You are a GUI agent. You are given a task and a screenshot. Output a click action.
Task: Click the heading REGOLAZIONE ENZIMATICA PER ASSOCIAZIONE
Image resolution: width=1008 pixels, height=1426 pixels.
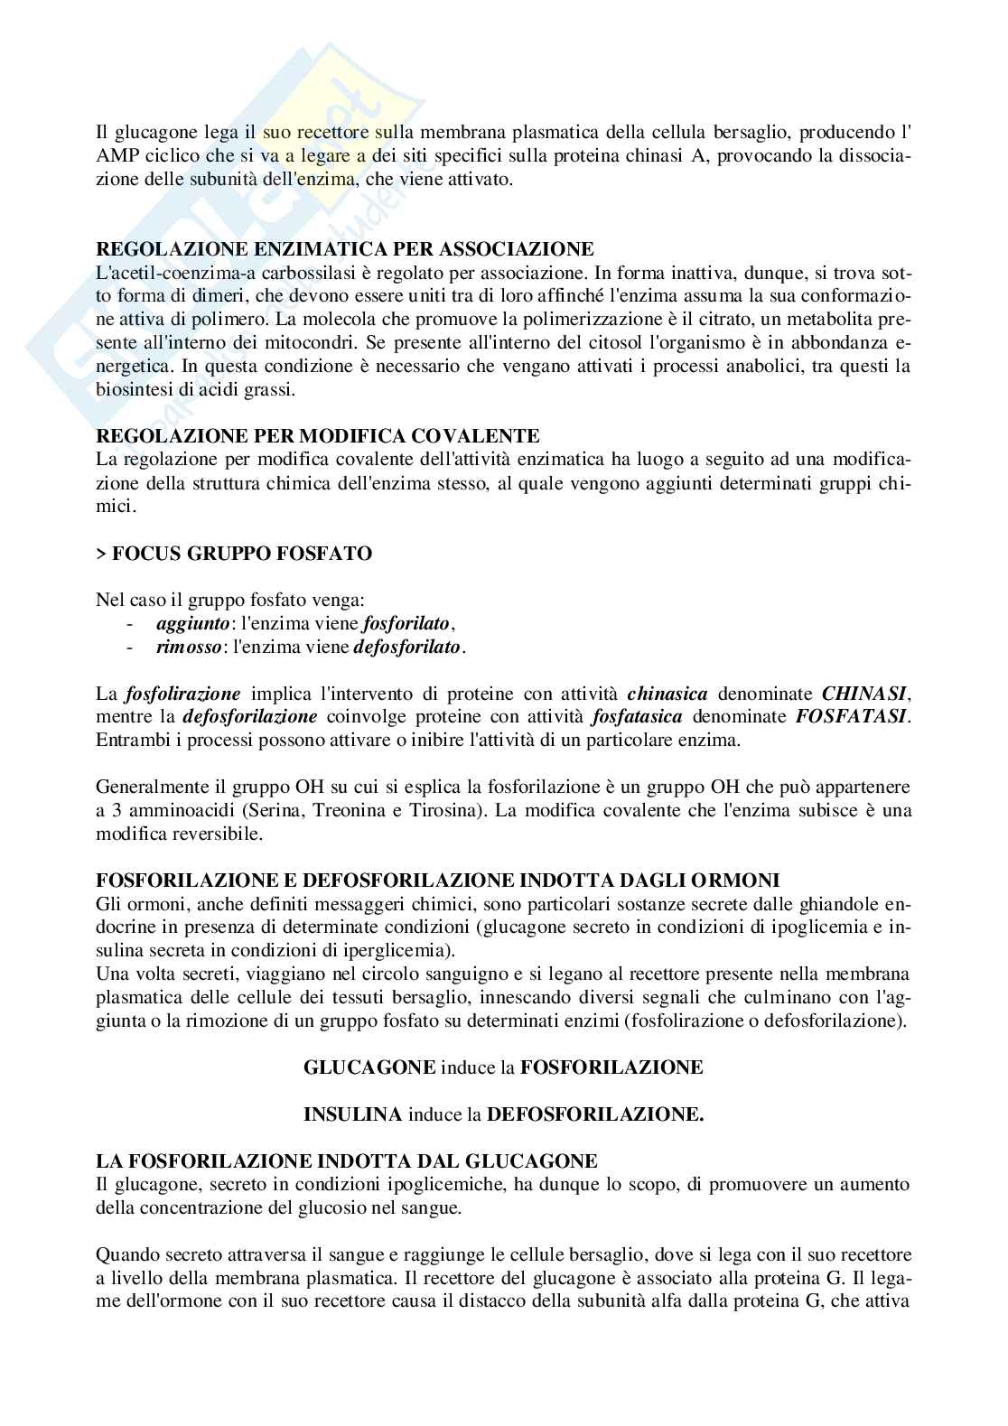point(344,248)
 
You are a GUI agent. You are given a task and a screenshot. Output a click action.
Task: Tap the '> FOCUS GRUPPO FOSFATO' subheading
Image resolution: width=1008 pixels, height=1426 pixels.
point(234,554)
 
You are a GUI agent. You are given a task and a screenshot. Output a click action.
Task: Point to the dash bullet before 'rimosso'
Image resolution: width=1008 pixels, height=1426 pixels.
point(133,647)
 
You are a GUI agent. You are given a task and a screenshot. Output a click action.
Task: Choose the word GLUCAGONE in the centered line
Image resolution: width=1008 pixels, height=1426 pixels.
point(369,1067)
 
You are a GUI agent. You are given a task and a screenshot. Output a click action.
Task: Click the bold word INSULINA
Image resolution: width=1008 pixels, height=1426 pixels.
point(352,1114)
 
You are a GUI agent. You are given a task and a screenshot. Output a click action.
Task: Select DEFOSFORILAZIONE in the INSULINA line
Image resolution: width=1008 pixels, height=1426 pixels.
point(594,1114)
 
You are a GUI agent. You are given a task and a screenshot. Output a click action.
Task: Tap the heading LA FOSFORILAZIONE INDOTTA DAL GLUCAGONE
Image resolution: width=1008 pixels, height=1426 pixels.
point(346,1160)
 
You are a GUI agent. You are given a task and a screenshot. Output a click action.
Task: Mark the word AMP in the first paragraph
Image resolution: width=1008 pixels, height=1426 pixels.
point(117,156)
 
